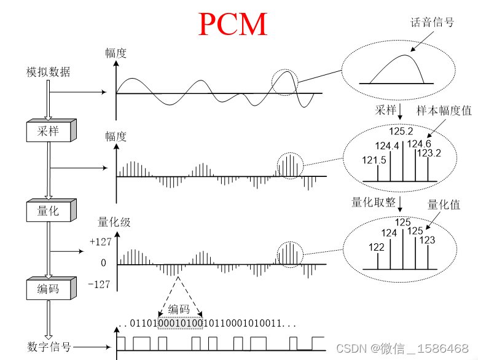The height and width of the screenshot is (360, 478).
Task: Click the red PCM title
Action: (x=233, y=25)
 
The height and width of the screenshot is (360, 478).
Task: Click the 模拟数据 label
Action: (x=48, y=72)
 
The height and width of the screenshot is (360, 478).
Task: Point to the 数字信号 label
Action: (x=49, y=347)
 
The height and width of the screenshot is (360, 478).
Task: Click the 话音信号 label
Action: (x=432, y=22)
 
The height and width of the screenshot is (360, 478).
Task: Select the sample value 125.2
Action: (x=401, y=131)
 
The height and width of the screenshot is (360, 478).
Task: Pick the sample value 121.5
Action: (x=374, y=160)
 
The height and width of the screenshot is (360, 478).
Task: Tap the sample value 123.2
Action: (x=429, y=154)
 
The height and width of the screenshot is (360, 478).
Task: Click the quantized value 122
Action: (x=377, y=247)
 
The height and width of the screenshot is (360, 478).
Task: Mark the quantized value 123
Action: (x=428, y=241)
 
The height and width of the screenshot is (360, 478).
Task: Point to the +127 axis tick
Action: (x=100, y=242)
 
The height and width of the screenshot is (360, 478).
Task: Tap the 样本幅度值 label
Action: (x=444, y=111)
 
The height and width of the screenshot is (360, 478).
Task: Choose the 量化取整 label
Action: (x=373, y=202)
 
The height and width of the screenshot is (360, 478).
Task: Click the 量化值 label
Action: (x=444, y=205)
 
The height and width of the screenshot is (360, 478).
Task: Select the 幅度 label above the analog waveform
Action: (x=116, y=53)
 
